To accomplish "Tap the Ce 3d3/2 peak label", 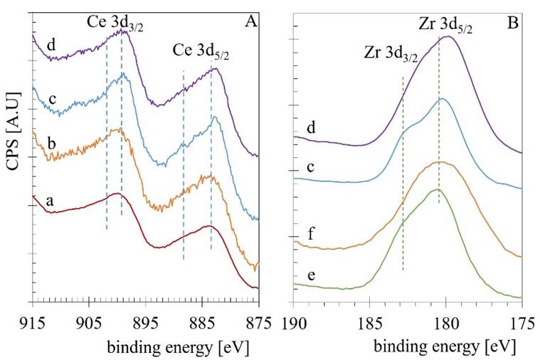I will [117, 21].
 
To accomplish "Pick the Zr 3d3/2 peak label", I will [390, 52].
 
